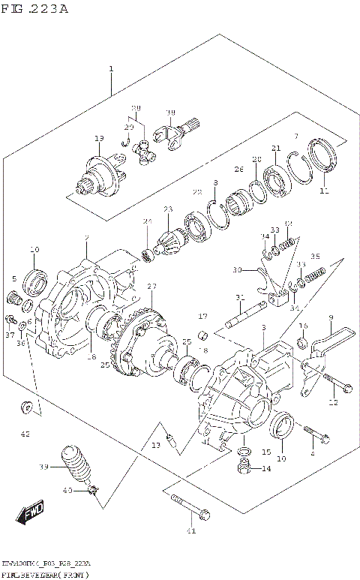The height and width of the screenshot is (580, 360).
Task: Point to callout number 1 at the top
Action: (x=111, y=69)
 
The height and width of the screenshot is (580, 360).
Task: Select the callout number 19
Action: (x=98, y=139)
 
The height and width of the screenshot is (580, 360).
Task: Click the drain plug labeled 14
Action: (x=244, y=470)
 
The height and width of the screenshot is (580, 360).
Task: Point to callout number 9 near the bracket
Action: (x=330, y=318)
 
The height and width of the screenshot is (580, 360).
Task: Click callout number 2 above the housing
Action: (x=87, y=239)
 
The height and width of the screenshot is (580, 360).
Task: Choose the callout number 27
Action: (x=151, y=286)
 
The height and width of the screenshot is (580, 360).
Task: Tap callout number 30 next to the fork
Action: (x=237, y=269)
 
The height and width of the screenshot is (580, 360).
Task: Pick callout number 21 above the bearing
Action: (x=276, y=148)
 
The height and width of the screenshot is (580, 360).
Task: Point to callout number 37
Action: (x=10, y=335)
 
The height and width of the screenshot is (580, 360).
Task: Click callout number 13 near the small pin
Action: (x=155, y=446)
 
